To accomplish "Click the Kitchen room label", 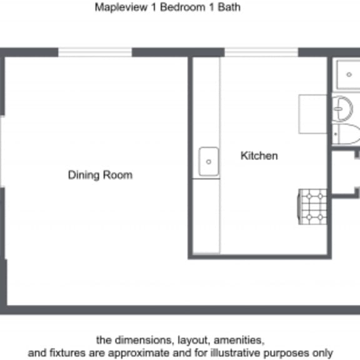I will coord(259,156).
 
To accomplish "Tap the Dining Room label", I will coord(100,175).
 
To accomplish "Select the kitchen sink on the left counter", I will coord(209,162).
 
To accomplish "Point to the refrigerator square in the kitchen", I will coord(312,114).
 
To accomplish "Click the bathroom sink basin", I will coord(342,109).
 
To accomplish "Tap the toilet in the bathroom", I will coord(346,133).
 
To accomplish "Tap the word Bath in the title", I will coord(229,8).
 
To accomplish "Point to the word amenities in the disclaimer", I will coord(241,341).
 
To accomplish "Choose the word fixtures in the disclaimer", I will coord(68,353).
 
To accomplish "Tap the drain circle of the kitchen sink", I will coord(209,162).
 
